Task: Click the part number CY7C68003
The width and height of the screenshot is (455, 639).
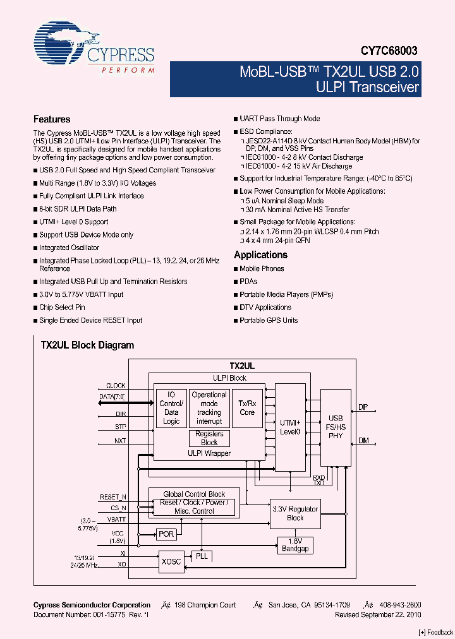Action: click(389, 51)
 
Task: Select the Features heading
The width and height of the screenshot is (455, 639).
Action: click(52, 119)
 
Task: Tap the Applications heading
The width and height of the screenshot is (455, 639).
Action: click(260, 255)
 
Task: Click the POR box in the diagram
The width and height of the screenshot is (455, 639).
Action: click(166, 534)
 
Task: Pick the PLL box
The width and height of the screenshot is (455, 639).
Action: click(202, 556)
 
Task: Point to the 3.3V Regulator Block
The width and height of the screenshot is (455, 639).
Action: click(295, 513)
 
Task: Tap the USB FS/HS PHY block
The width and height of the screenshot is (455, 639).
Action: click(336, 427)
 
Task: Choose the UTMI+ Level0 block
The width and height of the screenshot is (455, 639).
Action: click(290, 427)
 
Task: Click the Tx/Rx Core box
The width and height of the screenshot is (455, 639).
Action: click(247, 408)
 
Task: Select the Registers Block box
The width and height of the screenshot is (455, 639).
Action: click(209, 438)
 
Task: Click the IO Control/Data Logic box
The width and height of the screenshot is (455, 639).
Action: click(171, 408)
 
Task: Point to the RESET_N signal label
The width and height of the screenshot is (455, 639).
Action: click(113, 497)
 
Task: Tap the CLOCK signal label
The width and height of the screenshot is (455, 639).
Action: click(116, 385)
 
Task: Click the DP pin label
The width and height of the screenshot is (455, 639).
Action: click(363, 407)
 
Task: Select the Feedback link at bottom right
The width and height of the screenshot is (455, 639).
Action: click(436, 632)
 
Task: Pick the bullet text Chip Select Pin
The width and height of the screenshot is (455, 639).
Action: click(62, 308)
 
